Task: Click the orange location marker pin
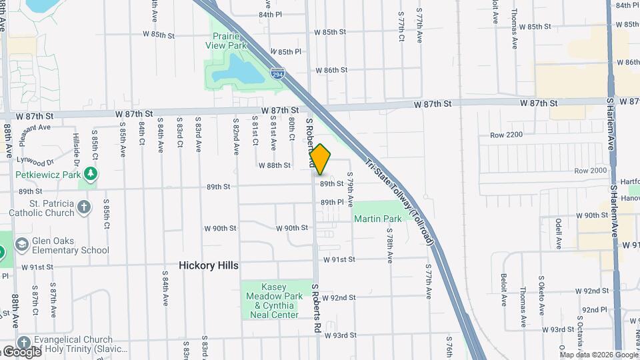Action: point(320,159)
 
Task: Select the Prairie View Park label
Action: point(226,41)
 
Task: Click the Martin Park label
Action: point(377,219)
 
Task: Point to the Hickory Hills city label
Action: point(208,265)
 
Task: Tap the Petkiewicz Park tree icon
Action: point(91,175)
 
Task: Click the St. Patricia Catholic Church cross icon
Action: point(84,207)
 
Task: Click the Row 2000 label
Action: point(591,171)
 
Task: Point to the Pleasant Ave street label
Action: point(35,127)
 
